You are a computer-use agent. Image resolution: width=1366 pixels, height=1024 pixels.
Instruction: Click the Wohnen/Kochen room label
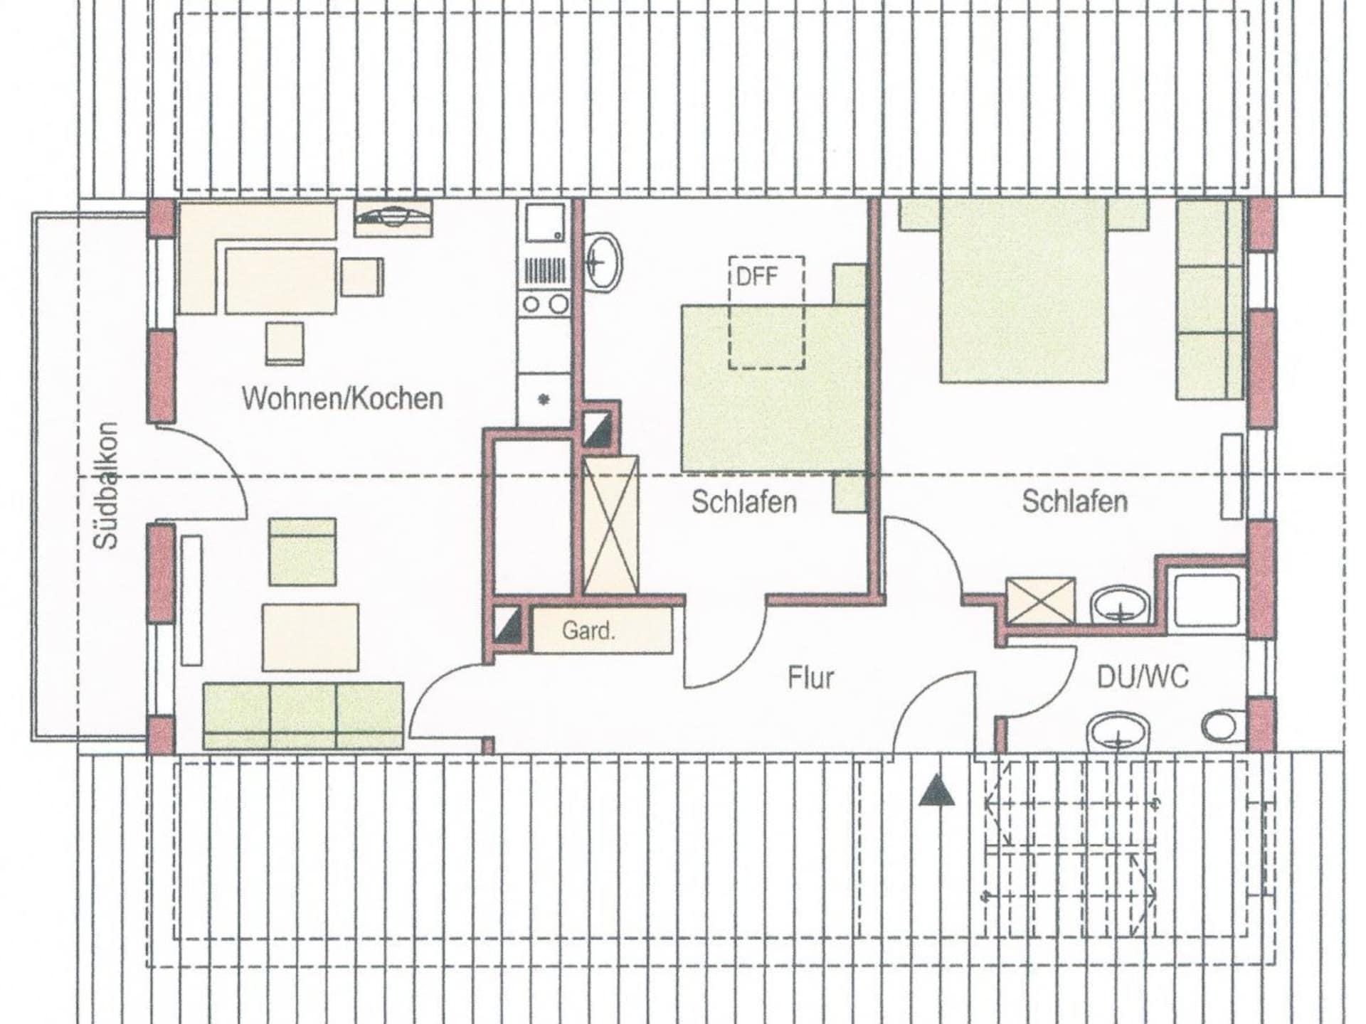click(x=342, y=398)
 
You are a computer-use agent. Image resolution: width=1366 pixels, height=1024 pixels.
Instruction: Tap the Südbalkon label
click(x=106, y=486)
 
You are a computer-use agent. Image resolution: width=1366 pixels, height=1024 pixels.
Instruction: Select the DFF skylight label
click(x=757, y=276)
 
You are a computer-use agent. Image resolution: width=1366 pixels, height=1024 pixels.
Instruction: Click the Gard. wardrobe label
click(x=588, y=630)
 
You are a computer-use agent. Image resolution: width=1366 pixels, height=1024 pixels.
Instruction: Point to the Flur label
click(x=810, y=678)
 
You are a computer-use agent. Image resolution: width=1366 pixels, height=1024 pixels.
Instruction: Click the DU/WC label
click(x=1143, y=677)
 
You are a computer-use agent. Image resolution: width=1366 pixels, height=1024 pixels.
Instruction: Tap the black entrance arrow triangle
click(x=936, y=790)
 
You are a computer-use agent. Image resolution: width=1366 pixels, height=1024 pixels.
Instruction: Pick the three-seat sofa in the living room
click(x=304, y=715)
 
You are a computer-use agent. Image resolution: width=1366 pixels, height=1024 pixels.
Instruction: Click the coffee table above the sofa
click(x=310, y=637)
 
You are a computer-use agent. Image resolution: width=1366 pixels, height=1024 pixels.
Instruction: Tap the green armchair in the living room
click(x=302, y=552)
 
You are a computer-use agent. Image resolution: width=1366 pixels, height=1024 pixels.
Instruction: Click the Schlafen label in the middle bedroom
click(x=744, y=502)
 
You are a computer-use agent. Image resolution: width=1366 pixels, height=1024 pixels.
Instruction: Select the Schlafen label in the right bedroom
click(x=1075, y=501)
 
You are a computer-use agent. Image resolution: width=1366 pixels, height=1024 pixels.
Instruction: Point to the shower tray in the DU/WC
click(x=1207, y=600)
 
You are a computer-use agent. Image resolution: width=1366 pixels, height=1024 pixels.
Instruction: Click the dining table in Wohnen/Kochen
click(x=281, y=281)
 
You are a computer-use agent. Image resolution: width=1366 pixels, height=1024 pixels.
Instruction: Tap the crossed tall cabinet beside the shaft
click(x=610, y=526)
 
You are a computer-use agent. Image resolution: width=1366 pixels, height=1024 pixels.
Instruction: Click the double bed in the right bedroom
click(x=1024, y=290)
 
